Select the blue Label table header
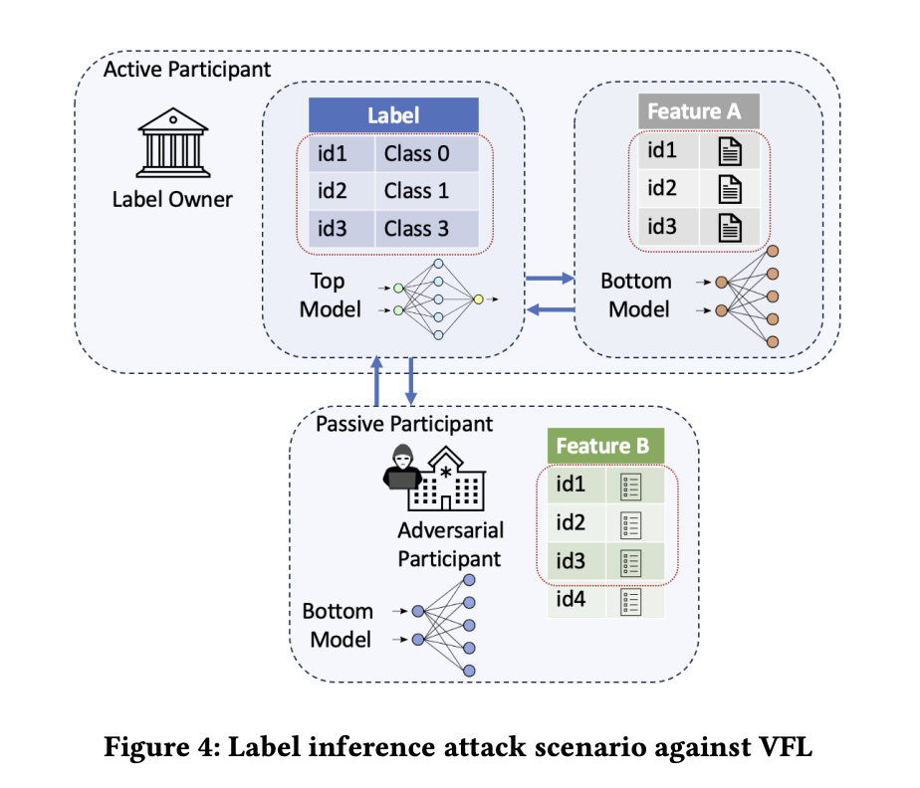[x=393, y=114]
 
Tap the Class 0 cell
[x=423, y=153]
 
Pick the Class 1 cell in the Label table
[x=423, y=190]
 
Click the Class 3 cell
[x=423, y=228]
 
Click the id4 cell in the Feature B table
[x=572, y=600]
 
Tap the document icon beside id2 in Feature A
[x=730, y=188]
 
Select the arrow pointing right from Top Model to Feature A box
[x=550, y=280]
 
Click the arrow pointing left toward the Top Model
[x=550, y=311]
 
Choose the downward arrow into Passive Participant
[x=410, y=381]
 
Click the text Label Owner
[x=172, y=199]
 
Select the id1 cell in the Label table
[x=334, y=153]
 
